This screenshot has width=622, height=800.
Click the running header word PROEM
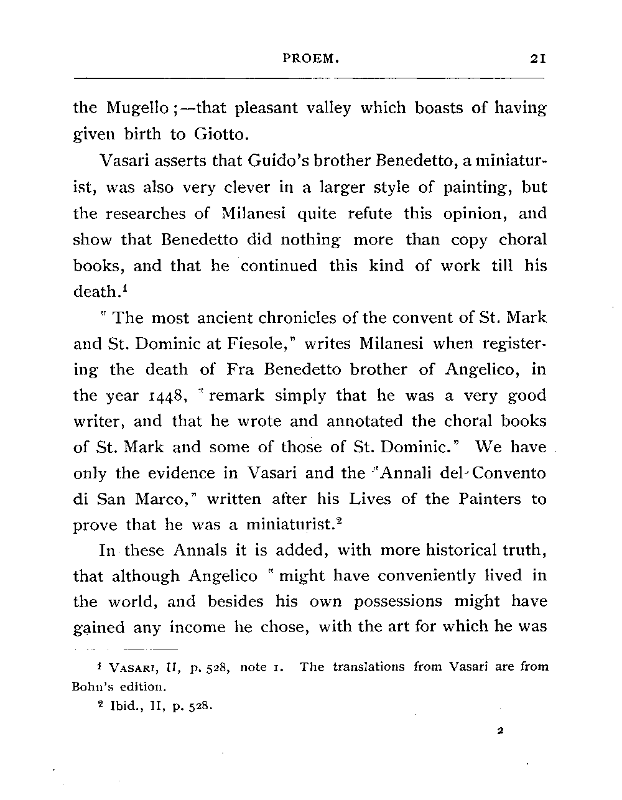[310, 59]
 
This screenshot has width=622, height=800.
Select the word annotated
[361, 421]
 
